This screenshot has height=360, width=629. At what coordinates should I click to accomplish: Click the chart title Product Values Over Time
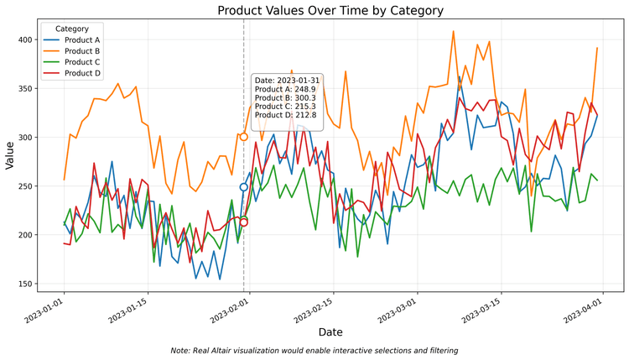coord(330,11)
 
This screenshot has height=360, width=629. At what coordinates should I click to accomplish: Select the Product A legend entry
coord(81,39)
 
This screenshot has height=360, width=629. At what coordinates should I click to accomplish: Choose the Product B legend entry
coord(81,50)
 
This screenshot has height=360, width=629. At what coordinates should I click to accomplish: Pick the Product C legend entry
coord(81,62)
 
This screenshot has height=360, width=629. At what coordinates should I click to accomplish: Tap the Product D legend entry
coord(81,73)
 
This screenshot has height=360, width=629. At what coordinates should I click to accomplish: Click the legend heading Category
coord(71,29)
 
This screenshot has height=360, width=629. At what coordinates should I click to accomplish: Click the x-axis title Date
coord(330,333)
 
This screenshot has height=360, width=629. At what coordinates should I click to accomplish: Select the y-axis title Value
coord(10,155)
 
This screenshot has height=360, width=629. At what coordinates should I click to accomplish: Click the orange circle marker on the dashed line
coord(244,137)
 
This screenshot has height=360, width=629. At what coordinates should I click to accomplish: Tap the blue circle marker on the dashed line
coord(244,187)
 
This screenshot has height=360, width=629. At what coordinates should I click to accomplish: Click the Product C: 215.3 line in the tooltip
coord(285,107)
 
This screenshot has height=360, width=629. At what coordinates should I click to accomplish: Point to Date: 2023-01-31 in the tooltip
coord(285,81)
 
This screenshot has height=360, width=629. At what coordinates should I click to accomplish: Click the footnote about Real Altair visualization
coord(314,350)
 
